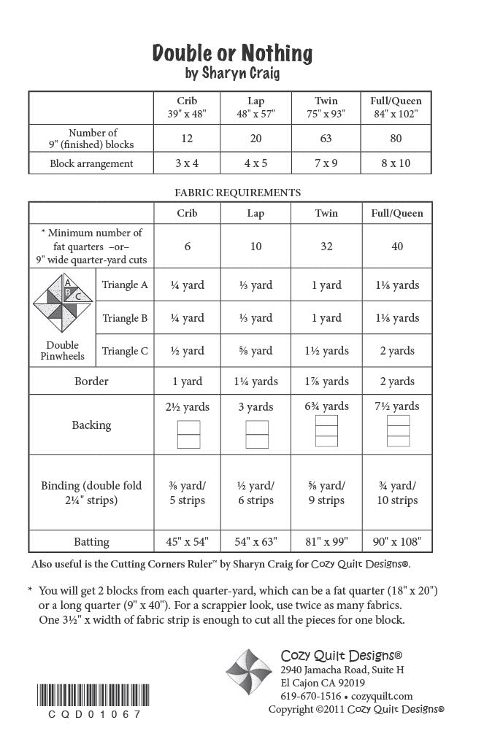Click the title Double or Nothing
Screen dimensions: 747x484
pyautogui.click(x=232, y=53)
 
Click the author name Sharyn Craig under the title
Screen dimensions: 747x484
pyautogui.click(x=232, y=73)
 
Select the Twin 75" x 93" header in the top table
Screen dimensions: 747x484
pyautogui.click(x=326, y=107)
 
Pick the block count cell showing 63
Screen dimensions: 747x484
pyautogui.click(x=326, y=138)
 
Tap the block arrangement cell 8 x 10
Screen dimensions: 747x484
pyautogui.click(x=396, y=163)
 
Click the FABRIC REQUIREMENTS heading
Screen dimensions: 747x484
pyautogui.click(x=237, y=193)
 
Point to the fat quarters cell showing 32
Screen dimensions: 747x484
pyautogui.click(x=326, y=247)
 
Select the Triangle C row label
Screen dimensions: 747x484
pyautogui.click(x=125, y=351)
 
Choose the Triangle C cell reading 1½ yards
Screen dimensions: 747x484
pyautogui.click(x=326, y=351)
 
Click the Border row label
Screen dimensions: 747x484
pyautogui.click(x=91, y=381)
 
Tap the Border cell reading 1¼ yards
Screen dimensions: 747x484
pyautogui.click(x=256, y=381)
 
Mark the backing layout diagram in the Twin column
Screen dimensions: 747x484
pyautogui.click(x=326, y=430)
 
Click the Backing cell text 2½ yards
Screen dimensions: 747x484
pyautogui.click(x=188, y=406)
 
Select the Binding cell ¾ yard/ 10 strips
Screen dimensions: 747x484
pyautogui.click(x=396, y=492)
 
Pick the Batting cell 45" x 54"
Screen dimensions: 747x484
pyautogui.click(x=188, y=541)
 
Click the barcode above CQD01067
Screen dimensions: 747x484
pyautogui.click(x=86, y=694)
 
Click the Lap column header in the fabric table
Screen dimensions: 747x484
pyautogui.click(x=256, y=213)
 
